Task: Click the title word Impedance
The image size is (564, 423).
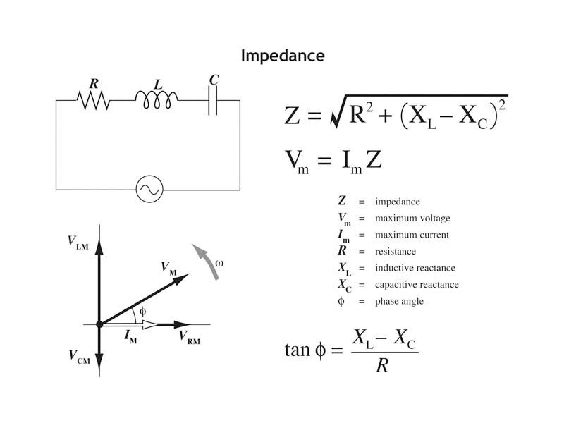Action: tap(283, 56)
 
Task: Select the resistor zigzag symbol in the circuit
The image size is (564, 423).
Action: tap(94, 101)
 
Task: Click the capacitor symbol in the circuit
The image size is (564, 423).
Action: tap(213, 101)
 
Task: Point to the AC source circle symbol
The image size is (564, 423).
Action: tap(149, 189)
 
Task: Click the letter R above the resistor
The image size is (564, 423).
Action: tap(94, 83)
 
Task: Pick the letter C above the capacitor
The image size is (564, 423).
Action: tap(214, 80)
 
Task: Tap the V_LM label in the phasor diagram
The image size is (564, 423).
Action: tap(78, 242)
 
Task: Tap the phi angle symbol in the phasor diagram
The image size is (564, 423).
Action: tap(142, 310)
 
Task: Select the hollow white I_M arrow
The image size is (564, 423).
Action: tap(134, 324)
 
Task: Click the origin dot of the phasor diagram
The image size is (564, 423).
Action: tap(99, 324)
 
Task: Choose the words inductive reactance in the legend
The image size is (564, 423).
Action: tap(415, 268)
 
